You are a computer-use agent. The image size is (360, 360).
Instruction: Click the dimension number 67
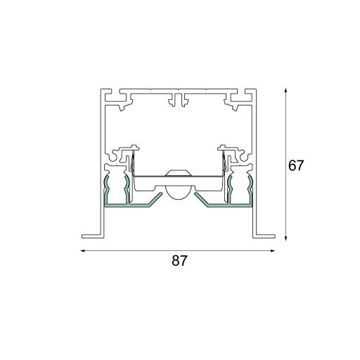click(297, 166)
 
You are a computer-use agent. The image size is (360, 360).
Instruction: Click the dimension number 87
click(180, 261)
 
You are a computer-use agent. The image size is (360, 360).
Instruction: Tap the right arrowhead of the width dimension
click(273, 250)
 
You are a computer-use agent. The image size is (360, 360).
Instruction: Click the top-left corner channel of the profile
click(117, 101)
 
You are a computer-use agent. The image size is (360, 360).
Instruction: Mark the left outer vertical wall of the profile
click(103, 162)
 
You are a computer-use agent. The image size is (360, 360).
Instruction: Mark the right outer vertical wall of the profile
click(255, 162)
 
